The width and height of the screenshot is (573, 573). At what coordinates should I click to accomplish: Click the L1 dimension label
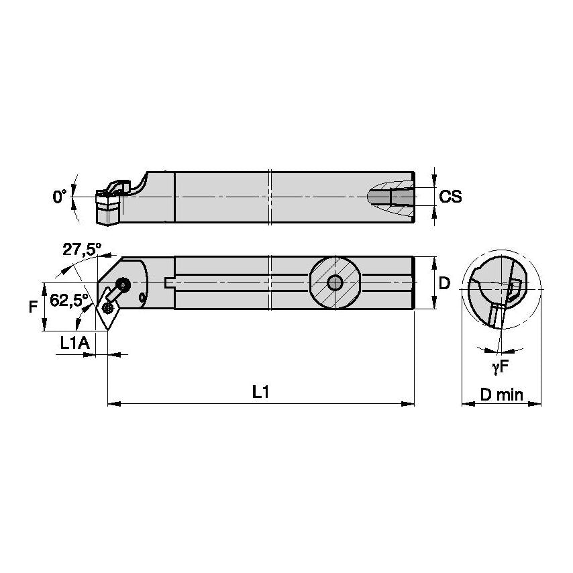click(260, 392)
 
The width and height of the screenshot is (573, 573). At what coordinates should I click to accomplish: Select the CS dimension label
click(450, 197)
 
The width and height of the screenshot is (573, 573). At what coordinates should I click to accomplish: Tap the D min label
click(501, 395)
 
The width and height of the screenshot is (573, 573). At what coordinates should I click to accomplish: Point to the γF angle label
click(500, 367)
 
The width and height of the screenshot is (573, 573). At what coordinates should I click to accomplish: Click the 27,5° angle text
click(81, 250)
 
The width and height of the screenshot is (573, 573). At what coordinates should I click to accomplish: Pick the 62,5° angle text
click(69, 301)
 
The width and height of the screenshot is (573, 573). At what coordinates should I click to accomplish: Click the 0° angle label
click(60, 197)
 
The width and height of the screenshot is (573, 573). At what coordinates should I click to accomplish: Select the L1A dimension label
click(74, 343)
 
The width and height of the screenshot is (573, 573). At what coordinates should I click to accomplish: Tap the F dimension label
click(34, 307)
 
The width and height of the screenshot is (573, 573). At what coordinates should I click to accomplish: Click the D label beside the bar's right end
click(444, 283)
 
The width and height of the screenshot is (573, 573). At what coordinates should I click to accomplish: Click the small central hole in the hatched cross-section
click(334, 282)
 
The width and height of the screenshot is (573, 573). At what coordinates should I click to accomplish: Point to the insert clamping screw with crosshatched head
click(108, 308)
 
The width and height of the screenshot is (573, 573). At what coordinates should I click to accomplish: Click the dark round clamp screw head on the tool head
click(123, 284)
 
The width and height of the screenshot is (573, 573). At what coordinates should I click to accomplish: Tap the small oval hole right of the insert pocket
click(142, 298)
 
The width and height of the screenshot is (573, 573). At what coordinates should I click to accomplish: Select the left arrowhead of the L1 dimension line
click(114, 404)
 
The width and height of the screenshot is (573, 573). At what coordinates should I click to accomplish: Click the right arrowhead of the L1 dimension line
click(408, 404)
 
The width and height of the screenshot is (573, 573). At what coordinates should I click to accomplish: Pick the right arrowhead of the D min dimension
click(535, 404)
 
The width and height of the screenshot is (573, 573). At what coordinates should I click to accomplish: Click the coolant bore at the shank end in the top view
click(402, 197)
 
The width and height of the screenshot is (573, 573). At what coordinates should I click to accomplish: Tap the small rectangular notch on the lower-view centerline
click(168, 283)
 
